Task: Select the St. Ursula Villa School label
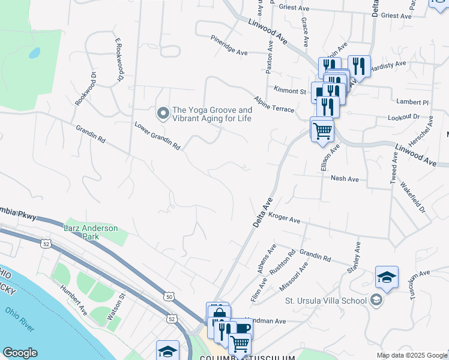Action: click(x=325, y=300)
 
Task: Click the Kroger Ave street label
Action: click(x=284, y=220)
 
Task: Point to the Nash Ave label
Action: click(x=344, y=179)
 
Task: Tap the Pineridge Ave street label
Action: click(x=229, y=53)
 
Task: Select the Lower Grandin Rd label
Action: click(x=157, y=136)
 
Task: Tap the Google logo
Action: click(x=20, y=353)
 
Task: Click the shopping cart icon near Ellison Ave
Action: click(x=322, y=130)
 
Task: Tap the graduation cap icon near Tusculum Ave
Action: click(x=387, y=277)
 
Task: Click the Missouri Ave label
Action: click(x=294, y=276)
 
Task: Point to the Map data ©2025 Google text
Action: click(x=411, y=355)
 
